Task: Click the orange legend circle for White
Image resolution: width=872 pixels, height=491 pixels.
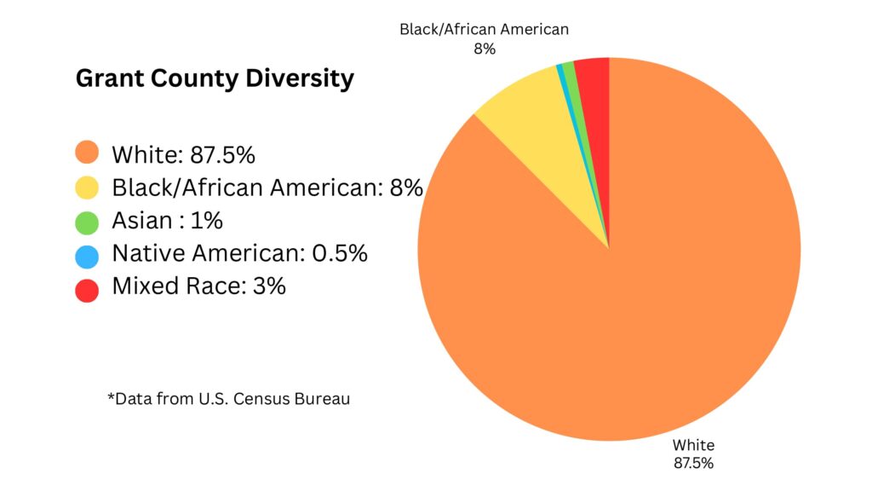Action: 87,154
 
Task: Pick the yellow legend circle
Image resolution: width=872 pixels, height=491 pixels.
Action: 87,188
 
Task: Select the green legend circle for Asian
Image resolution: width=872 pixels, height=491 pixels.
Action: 87,221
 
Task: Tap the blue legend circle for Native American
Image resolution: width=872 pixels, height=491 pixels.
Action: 87,254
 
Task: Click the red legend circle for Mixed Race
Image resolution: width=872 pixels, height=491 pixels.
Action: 87,287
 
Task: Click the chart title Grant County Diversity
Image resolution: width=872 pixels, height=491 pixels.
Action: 215,79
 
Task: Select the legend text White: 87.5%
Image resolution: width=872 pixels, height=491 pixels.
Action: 183,155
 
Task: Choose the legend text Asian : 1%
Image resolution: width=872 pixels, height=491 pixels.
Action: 167,221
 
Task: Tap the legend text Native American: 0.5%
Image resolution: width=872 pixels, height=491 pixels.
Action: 239,254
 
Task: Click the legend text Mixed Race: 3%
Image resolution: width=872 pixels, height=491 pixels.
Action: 198,287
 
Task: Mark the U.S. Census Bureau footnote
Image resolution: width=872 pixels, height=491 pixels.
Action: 228,399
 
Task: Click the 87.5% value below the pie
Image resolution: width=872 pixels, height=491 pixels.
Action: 693,464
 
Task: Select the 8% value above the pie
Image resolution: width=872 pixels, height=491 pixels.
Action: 484,49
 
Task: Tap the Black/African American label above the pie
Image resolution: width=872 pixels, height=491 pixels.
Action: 484,30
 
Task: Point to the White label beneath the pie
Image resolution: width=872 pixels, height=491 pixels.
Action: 693,445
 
